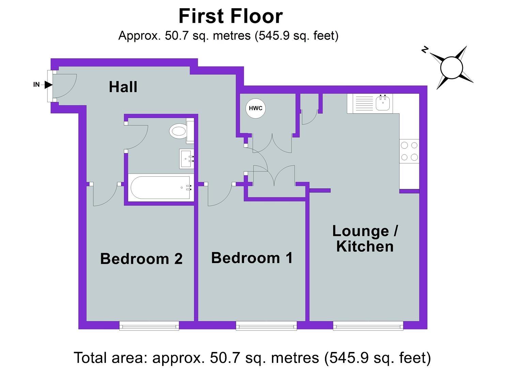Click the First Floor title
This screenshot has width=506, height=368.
(230, 16)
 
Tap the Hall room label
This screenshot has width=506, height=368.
(123, 87)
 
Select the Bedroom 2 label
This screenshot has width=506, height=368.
(141, 259)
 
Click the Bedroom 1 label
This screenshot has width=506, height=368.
(252, 258)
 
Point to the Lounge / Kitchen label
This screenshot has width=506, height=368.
(365, 239)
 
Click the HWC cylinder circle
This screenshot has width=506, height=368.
(256, 108)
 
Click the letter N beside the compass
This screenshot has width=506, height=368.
(425, 50)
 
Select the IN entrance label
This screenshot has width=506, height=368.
(36, 85)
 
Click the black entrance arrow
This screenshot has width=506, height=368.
(48, 85)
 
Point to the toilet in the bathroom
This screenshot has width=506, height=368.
(178, 131)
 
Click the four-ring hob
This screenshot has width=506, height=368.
(409, 151)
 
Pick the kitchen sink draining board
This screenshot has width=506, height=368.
(365, 103)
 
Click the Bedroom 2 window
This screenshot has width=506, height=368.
(149, 326)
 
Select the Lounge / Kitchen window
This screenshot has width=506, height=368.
(368, 326)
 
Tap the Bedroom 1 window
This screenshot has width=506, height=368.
(266, 326)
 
